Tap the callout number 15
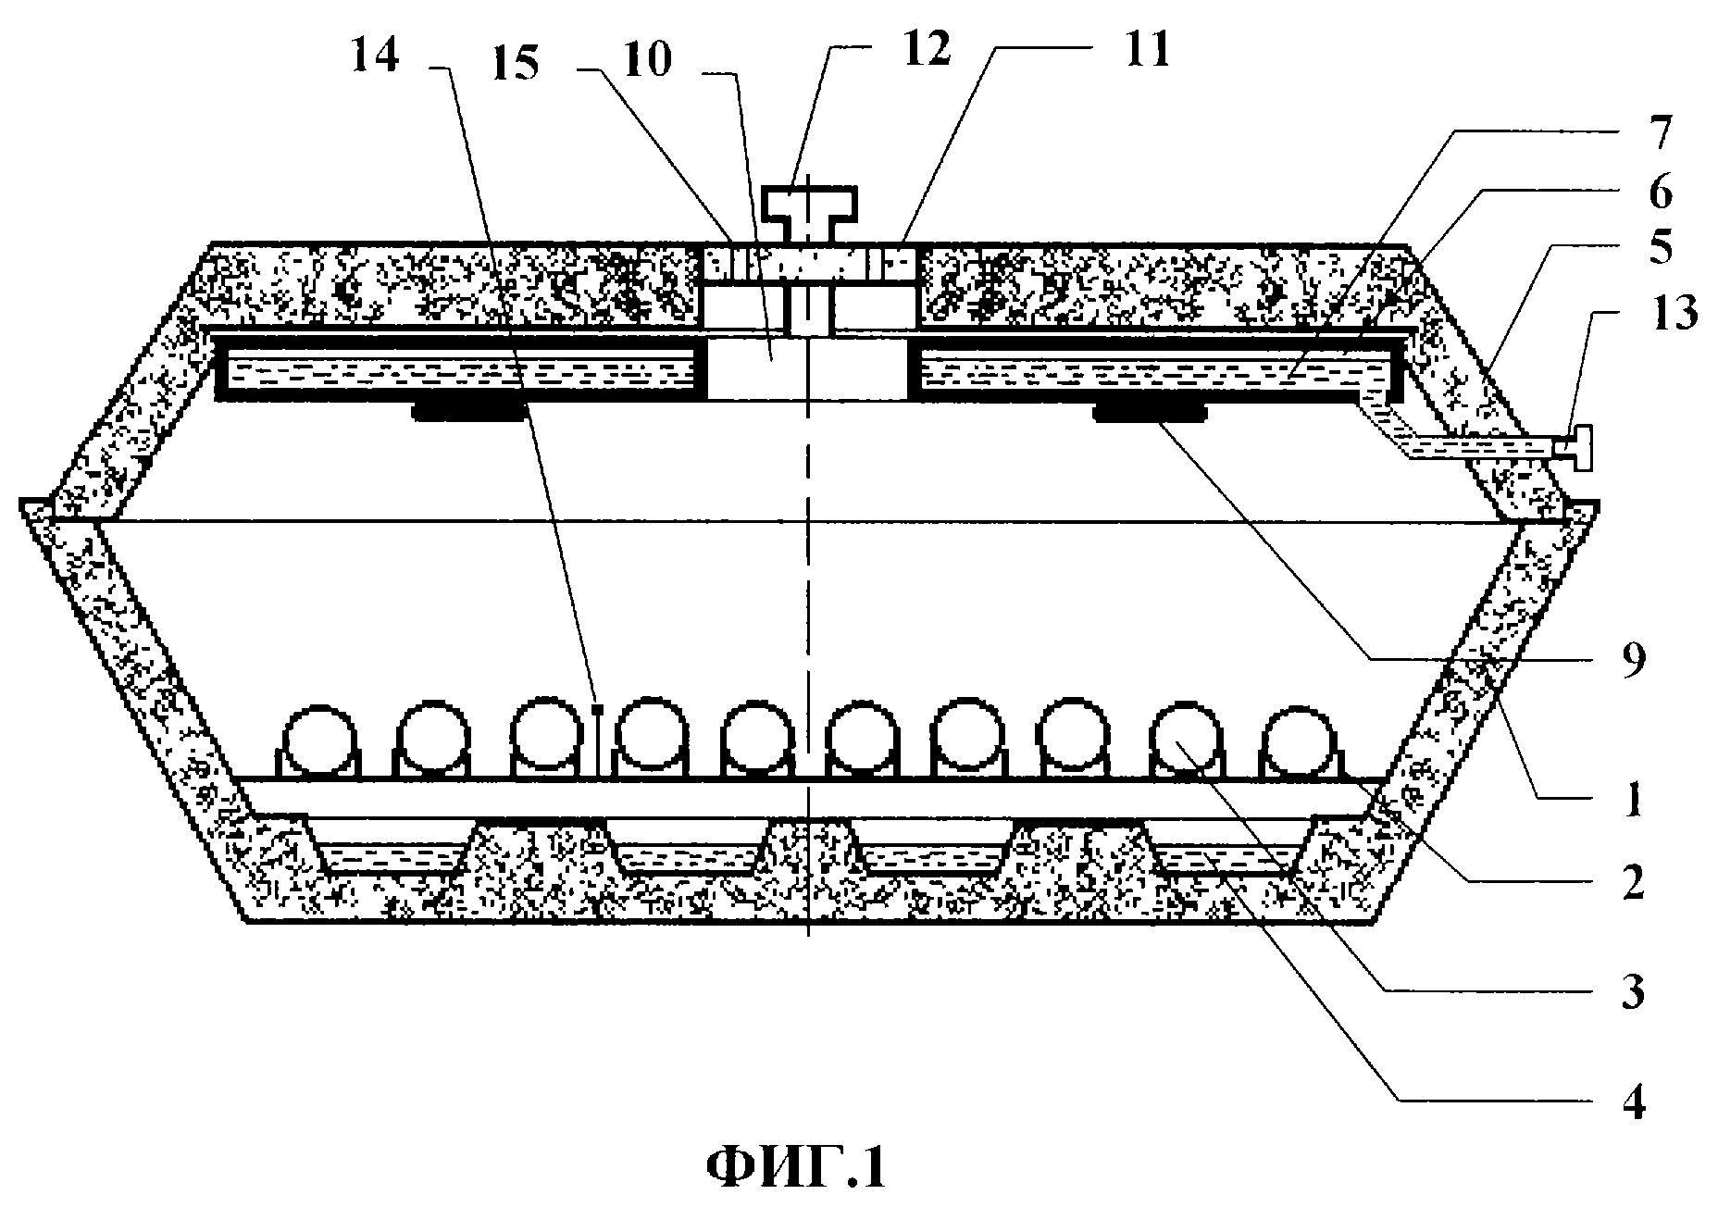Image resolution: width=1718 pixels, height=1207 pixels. coord(515,66)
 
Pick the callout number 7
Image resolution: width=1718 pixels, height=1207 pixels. coord(1656,135)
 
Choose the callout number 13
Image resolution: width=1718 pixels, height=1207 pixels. coord(1672,314)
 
